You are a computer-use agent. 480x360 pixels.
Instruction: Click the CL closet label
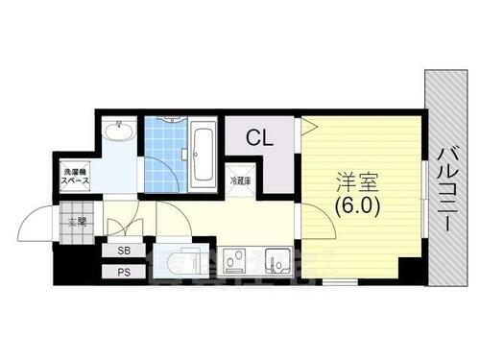click(x=259, y=139)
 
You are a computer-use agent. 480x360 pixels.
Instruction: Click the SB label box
click(x=124, y=252)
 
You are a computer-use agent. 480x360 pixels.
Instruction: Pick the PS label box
click(x=124, y=273)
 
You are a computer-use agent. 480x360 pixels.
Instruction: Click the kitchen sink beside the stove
click(x=277, y=261)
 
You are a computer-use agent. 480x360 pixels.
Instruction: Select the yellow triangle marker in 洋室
click(x=308, y=126)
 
